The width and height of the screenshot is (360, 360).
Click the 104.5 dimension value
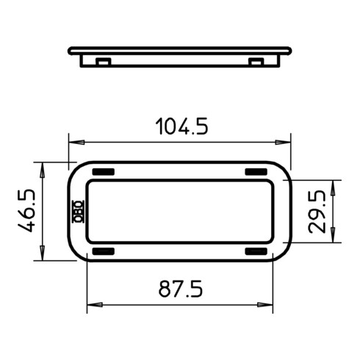tap(181, 126)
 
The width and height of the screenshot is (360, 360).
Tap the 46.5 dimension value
tap(26, 211)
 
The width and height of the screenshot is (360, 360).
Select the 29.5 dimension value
tap(317, 212)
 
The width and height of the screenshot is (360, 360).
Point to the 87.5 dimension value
tap(181, 289)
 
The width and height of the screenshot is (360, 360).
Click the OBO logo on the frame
tap(79, 212)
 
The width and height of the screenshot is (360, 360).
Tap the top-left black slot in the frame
tap(104, 172)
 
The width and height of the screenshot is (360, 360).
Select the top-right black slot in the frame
tap(256, 172)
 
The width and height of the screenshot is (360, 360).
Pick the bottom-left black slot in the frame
tap(104, 251)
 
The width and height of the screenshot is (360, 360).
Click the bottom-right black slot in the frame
tap(256, 251)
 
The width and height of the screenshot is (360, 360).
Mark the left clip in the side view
tap(103, 62)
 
